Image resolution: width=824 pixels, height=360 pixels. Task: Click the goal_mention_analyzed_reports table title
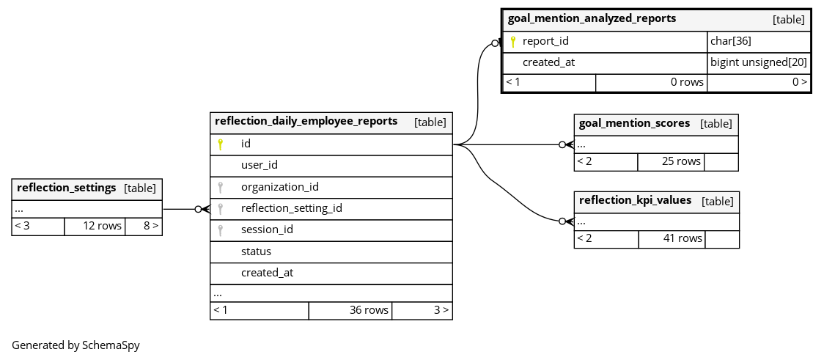(x=592, y=18)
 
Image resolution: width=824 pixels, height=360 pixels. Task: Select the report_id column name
(x=545, y=41)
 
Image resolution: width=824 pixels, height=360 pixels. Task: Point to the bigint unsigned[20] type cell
(x=758, y=62)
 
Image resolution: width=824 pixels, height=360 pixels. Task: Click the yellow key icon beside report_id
(x=513, y=42)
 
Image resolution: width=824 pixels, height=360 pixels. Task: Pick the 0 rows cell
(x=651, y=83)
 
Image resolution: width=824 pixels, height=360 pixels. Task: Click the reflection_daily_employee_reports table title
(x=306, y=121)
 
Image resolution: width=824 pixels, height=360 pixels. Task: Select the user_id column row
(x=331, y=166)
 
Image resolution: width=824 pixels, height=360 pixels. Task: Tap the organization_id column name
(x=279, y=186)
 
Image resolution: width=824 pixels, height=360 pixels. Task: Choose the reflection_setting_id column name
(x=292, y=208)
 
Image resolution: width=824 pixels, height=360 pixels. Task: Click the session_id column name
(x=267, y=229)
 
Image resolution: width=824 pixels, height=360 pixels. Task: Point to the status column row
(x=331, y=251)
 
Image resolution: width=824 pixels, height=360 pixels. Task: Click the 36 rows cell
(x=350, y=310)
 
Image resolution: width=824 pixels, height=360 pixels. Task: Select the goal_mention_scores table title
(x=634, y=123)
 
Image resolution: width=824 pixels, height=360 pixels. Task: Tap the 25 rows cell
(x=671, y=162)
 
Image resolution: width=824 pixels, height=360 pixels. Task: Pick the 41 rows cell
(x=672, y=238)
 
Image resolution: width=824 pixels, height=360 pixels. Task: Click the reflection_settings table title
(x=66, y=188)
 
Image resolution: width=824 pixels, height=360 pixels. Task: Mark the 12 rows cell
(x=95, y=227)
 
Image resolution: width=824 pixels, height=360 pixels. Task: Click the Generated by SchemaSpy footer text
(x=76, y=345)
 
